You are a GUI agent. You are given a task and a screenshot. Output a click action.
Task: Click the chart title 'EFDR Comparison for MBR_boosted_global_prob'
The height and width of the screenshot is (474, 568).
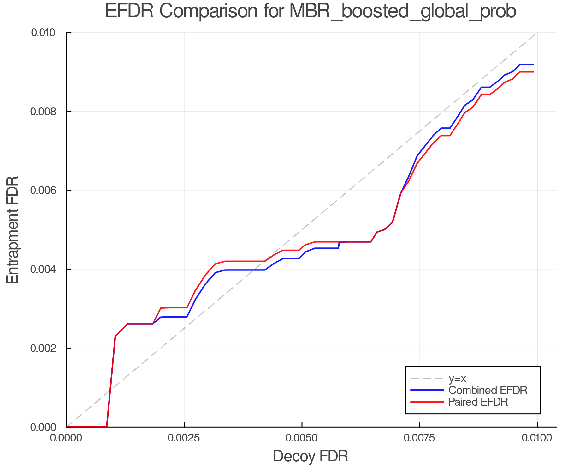(311, 11)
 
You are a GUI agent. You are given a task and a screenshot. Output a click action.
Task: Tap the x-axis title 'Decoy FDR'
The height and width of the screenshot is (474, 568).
(311, 456)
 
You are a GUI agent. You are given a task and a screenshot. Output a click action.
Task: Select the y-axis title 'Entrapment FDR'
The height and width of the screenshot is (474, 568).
(13, 230)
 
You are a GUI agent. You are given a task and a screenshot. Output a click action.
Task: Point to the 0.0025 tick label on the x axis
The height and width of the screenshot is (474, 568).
(184, 438)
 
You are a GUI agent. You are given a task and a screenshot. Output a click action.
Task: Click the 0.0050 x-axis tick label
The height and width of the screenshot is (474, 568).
(302, 438)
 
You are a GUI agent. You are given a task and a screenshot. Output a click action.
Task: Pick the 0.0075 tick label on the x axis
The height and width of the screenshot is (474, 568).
(420, 438)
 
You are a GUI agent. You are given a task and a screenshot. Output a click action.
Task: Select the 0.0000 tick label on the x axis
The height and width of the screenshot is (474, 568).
(67, 438)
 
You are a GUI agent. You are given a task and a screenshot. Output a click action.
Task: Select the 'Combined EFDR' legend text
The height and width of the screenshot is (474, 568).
(488, 390)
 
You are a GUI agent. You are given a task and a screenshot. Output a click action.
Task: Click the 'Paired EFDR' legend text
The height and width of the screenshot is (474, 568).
(478, 402)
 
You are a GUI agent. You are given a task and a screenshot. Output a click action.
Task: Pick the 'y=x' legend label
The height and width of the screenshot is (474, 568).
(457, 378)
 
